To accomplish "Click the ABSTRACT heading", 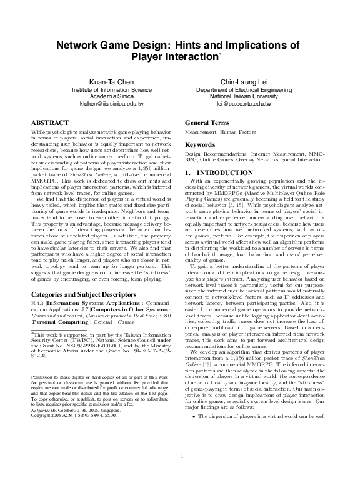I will [50, 124].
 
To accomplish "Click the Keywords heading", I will [201, 144].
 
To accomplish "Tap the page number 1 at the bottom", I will [181, 472].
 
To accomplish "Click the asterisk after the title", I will [220, 54].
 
